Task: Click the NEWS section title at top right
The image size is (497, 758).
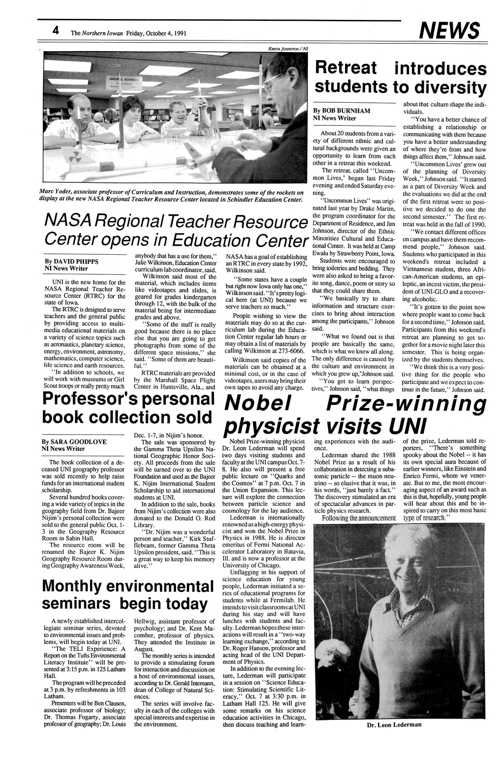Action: [449, 31]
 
